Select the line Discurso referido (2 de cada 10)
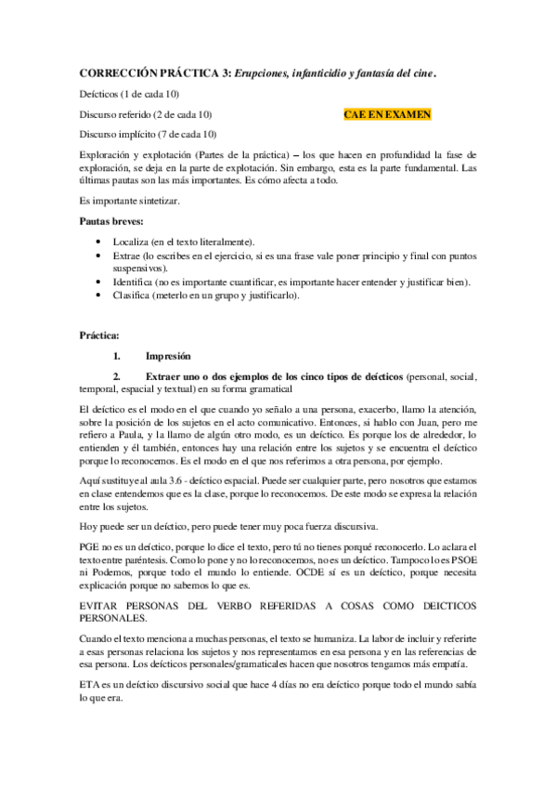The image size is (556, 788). tap(147, 114)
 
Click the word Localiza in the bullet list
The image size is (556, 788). tap(141, 242)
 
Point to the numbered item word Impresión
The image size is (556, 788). tap(168, 356)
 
